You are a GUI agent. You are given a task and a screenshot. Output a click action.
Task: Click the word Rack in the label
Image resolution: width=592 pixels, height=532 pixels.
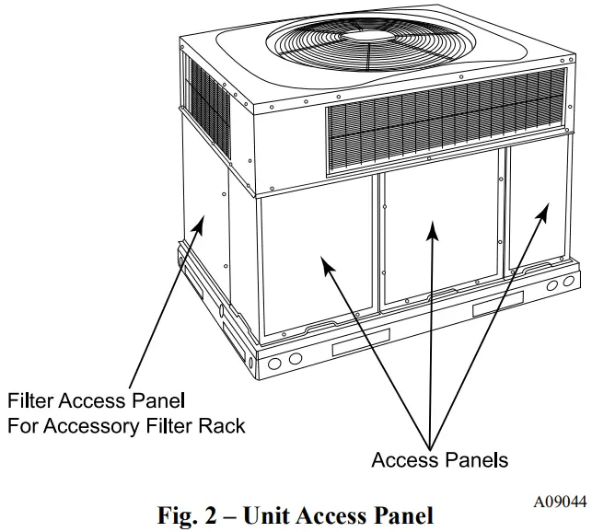(x=225, y=426)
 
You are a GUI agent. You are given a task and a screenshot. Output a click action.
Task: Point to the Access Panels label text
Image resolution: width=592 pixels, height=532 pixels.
(x=440, y=459)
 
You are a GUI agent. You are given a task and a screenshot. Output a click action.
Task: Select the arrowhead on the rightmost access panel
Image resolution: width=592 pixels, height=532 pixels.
(x=541, y=210)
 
